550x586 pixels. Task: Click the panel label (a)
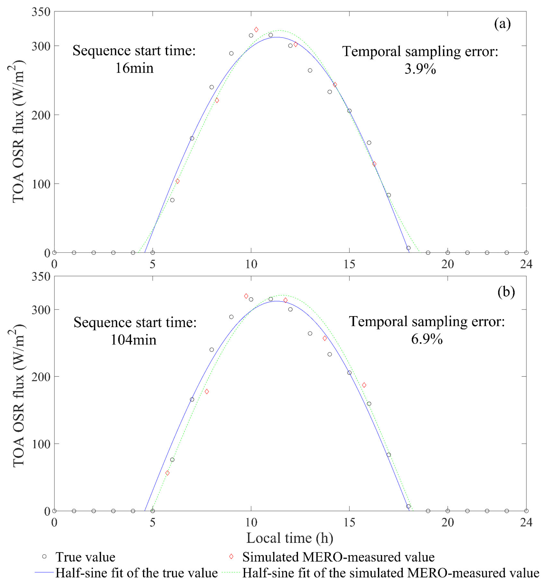(x=502, y=24)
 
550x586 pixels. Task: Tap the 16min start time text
(x=134, y=68)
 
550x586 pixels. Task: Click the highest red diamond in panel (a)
(x=256, y=29)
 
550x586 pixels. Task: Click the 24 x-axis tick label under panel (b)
(x=526, y=522)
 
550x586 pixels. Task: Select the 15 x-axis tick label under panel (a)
(x=349, y=264)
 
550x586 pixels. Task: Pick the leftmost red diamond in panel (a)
(x=177, y=181)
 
